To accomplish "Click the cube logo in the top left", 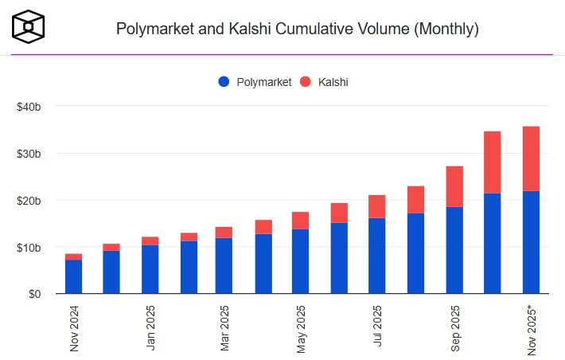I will click(29, 27).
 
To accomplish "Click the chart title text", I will click(297, 29).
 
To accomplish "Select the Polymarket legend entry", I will click(255, 82).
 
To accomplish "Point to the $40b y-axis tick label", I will click(29, 106).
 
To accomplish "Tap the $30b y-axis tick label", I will click(29, 153).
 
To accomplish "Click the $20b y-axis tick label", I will click(29, 200).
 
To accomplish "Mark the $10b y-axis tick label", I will click(29, 247).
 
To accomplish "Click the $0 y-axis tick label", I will click(34, 294).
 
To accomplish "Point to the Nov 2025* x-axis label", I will click(532, 328).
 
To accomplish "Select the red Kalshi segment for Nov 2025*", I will click(531, 158).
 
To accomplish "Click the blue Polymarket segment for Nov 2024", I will click(73, 276).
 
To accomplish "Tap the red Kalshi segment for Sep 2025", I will click(454, 186).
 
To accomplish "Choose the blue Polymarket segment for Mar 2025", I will click(224, 265).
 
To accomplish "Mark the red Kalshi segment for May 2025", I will click(301, 221).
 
